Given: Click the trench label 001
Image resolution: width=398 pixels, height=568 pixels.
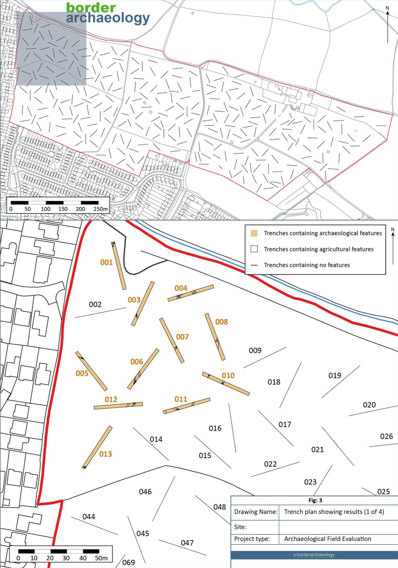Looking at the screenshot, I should [x=106, y=262].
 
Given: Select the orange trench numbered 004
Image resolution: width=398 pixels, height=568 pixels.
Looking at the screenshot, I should [x=191, y=293].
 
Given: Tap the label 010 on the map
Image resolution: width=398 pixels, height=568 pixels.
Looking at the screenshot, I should [x=228, y=375].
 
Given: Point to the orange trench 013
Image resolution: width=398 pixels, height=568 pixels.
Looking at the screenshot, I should [x=97, y=447].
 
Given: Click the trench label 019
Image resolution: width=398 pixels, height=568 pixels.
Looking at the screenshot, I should [x=335, y=375].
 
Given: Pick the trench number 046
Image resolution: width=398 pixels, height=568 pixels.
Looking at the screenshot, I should [x=145, y=492].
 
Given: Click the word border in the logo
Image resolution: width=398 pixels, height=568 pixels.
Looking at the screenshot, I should [x=91, y=7].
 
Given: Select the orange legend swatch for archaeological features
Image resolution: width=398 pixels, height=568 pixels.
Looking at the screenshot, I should [x=254, y=233].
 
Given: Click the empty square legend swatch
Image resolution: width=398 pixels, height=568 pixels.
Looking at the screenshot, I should [x=254, y=249].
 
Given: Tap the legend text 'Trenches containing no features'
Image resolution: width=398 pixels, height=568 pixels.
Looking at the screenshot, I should [x=307, y=265].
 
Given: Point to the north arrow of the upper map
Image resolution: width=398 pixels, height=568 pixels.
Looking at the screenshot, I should [x=387, y=25].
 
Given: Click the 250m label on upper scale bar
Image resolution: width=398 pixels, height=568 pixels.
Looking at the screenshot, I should [x=100, y=209].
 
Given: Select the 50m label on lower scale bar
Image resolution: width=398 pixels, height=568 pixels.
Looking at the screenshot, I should [x=101, y=558].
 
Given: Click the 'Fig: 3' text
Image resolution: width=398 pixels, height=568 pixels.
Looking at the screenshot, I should [x=315, y=500].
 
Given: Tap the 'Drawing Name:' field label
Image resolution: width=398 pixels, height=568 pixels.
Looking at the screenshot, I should [x=256, y=512].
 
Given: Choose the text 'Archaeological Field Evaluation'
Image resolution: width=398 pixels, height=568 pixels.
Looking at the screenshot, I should [x=328, y=538].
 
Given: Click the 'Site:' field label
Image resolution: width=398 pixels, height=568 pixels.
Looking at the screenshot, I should [x=240, y=527].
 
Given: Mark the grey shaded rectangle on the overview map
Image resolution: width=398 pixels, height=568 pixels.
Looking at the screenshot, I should [x=51, y=48].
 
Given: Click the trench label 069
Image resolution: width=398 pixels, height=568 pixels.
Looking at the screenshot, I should [x=128, y=562].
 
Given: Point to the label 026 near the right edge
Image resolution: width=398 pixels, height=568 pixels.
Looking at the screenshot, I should [x=386, y=436].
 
